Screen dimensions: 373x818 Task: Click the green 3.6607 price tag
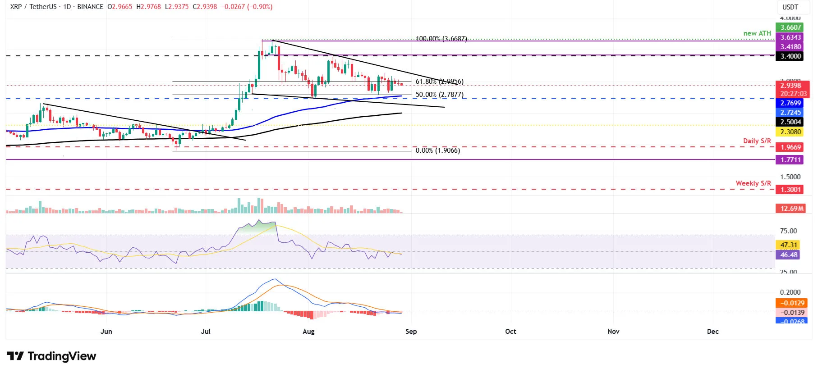tap(790, 27)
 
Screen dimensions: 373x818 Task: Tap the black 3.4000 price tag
tap(790, 56)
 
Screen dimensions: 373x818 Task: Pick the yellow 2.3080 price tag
tap(790, 132)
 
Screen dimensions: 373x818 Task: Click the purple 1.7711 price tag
tap(790, 160)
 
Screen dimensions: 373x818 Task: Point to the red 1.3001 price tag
tap(790, 190)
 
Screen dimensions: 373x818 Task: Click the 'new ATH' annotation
tap(757, 33)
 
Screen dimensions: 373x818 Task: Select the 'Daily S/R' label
tap(757, 141)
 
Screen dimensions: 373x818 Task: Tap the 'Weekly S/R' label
tap(753, 183)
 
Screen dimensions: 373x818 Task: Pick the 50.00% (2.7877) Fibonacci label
tap(439, 95)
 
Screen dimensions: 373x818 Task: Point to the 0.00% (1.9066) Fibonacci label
tap(437, 150)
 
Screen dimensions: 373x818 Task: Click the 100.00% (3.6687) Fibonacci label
tap(441, 39)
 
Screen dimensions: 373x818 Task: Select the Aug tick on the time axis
tap(308, 332)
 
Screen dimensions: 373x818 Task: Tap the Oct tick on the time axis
tap(510, 332)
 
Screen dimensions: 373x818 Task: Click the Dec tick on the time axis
tap(712, 332)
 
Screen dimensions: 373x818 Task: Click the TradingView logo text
tap(62, 356)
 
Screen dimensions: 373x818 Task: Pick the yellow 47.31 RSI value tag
tap(789, 245)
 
